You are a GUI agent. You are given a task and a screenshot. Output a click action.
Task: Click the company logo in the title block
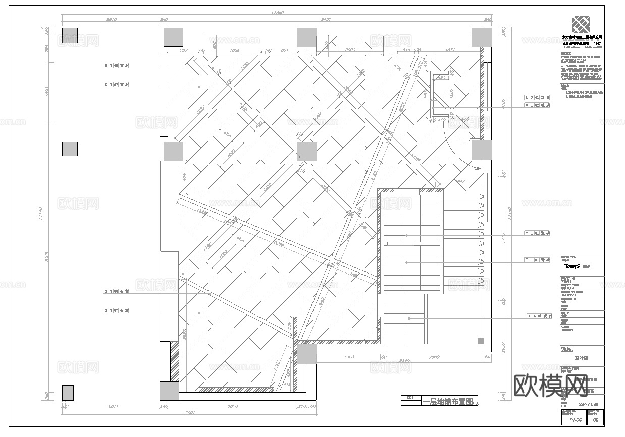580,25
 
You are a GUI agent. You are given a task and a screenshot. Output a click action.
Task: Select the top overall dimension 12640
277,13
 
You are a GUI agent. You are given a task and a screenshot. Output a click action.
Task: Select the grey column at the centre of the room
306,151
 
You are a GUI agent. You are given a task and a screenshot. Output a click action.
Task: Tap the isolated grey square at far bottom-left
68,393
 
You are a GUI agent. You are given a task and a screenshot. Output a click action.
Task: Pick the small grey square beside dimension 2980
481,341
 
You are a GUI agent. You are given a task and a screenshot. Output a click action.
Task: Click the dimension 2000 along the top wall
350,50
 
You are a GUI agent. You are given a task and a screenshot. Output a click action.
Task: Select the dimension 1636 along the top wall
235,50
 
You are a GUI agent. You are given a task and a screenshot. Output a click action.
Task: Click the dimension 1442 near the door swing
460,181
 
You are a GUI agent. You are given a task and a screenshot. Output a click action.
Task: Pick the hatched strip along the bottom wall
236,390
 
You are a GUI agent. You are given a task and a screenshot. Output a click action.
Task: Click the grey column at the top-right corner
481,37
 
